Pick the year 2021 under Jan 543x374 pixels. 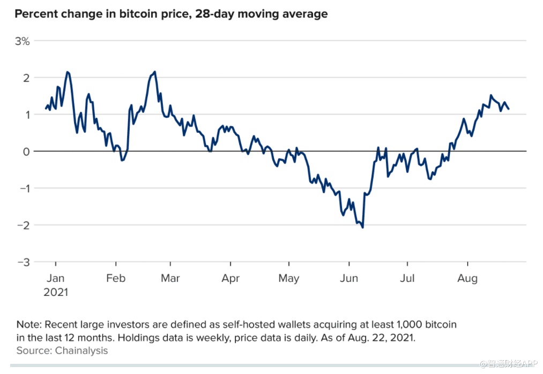click(x=56, y=293)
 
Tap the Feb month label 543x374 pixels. click(x=116, y=278)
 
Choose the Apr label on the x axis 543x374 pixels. click(x=230, y=278)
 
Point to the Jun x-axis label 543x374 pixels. click(x=349, y=278)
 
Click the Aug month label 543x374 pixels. click(x=468, y=278)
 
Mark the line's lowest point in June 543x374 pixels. click(x=363, y=227)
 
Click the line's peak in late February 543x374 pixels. click(x=154, y=72)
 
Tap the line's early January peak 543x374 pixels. click(x=67, y=72)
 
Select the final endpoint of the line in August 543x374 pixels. click(x=509, y=109)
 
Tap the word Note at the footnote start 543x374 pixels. click(x=28, y=325)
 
